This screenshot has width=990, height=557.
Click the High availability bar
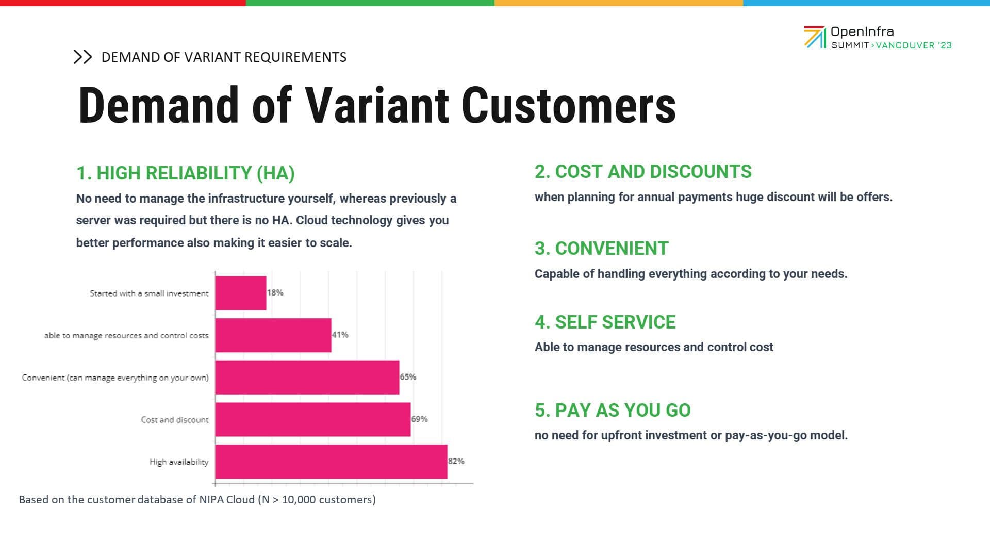tap(331, 462)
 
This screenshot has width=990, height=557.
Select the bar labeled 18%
tap(241, 293)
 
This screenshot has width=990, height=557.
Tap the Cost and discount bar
tap(313, 419)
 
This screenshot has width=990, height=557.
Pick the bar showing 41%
tap(273, 335)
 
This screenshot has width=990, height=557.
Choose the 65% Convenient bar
tap(307, 377)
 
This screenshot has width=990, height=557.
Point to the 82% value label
tap(456, 461)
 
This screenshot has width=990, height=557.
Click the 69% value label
tap(420, 419)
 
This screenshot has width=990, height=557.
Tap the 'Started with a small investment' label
tap(149, 293)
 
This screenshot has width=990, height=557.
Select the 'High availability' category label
tap(179, 462)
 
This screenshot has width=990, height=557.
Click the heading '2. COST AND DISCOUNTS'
tap(643, 172)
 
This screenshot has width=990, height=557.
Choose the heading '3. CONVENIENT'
tap(601, 249)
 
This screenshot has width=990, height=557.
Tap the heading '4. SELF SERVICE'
tap(605, 322)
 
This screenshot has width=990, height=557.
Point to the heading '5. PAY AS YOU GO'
tap(613, 411)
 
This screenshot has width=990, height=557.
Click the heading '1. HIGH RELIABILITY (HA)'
tap(186, 173)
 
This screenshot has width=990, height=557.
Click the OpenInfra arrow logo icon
tap(815, 37)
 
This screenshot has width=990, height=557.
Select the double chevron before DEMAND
tap(82, 57)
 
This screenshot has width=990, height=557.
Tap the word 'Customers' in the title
tap(568, 106)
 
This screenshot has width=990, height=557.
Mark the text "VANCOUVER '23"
tap(914, 45)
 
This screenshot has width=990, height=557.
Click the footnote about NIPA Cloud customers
tap(197, 500)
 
